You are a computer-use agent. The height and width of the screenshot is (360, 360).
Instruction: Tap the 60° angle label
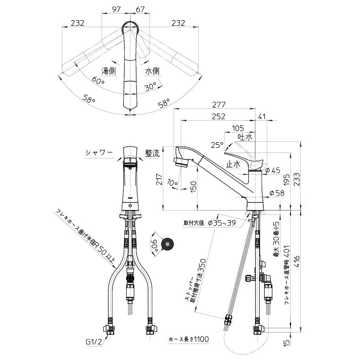(97, 80)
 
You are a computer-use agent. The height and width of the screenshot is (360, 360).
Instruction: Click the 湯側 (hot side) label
(108, 71)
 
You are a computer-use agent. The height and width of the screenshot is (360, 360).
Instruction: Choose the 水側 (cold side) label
(152, 71)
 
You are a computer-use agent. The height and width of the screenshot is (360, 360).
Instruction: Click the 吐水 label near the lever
(245, 137)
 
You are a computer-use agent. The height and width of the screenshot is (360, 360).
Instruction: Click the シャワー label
(99, 153)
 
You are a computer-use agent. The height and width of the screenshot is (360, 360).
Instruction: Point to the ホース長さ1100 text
(189, 339)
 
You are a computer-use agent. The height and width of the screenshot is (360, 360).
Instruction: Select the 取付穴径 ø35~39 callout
(210, 224)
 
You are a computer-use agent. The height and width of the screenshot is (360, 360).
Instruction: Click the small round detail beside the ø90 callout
(169, 244)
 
